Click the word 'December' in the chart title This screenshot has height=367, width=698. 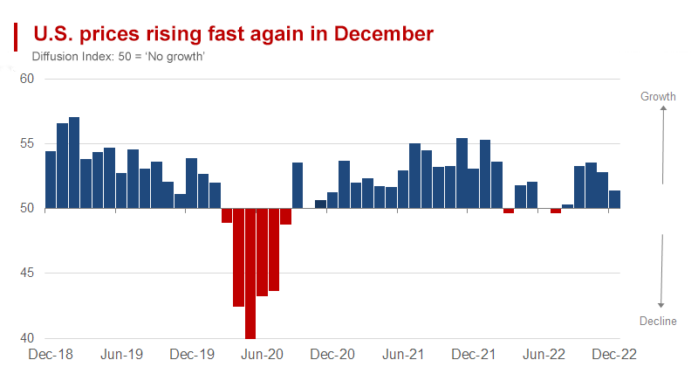click(384, 34)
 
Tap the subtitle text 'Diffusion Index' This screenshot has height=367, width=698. click(72, 57)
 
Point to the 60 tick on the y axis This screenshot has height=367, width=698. click(26, 79)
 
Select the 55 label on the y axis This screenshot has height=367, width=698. click(26, 143)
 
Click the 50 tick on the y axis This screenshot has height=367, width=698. click(26, 208)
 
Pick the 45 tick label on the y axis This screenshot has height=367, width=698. click(26, 274)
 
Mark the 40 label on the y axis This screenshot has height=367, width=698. click(26, 338)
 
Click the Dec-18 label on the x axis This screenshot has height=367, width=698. click(51, 355)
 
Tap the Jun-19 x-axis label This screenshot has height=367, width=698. click(121, 355)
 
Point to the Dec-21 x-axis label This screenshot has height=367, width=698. click(474, 355)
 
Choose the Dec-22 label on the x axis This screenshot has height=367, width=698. click(614, 355)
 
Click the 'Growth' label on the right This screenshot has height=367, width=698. click(659, 96)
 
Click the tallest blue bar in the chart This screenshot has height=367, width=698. click(74, 163)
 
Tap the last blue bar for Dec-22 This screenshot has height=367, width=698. click(614, 199)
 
